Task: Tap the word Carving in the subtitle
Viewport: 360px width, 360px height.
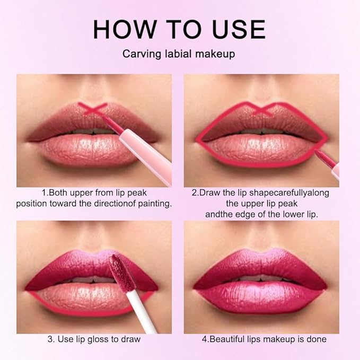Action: [x=139, y=54]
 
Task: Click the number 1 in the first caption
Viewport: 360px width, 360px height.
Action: [x=43, y=193]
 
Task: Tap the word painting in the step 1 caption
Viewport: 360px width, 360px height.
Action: [x=154, y=204]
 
